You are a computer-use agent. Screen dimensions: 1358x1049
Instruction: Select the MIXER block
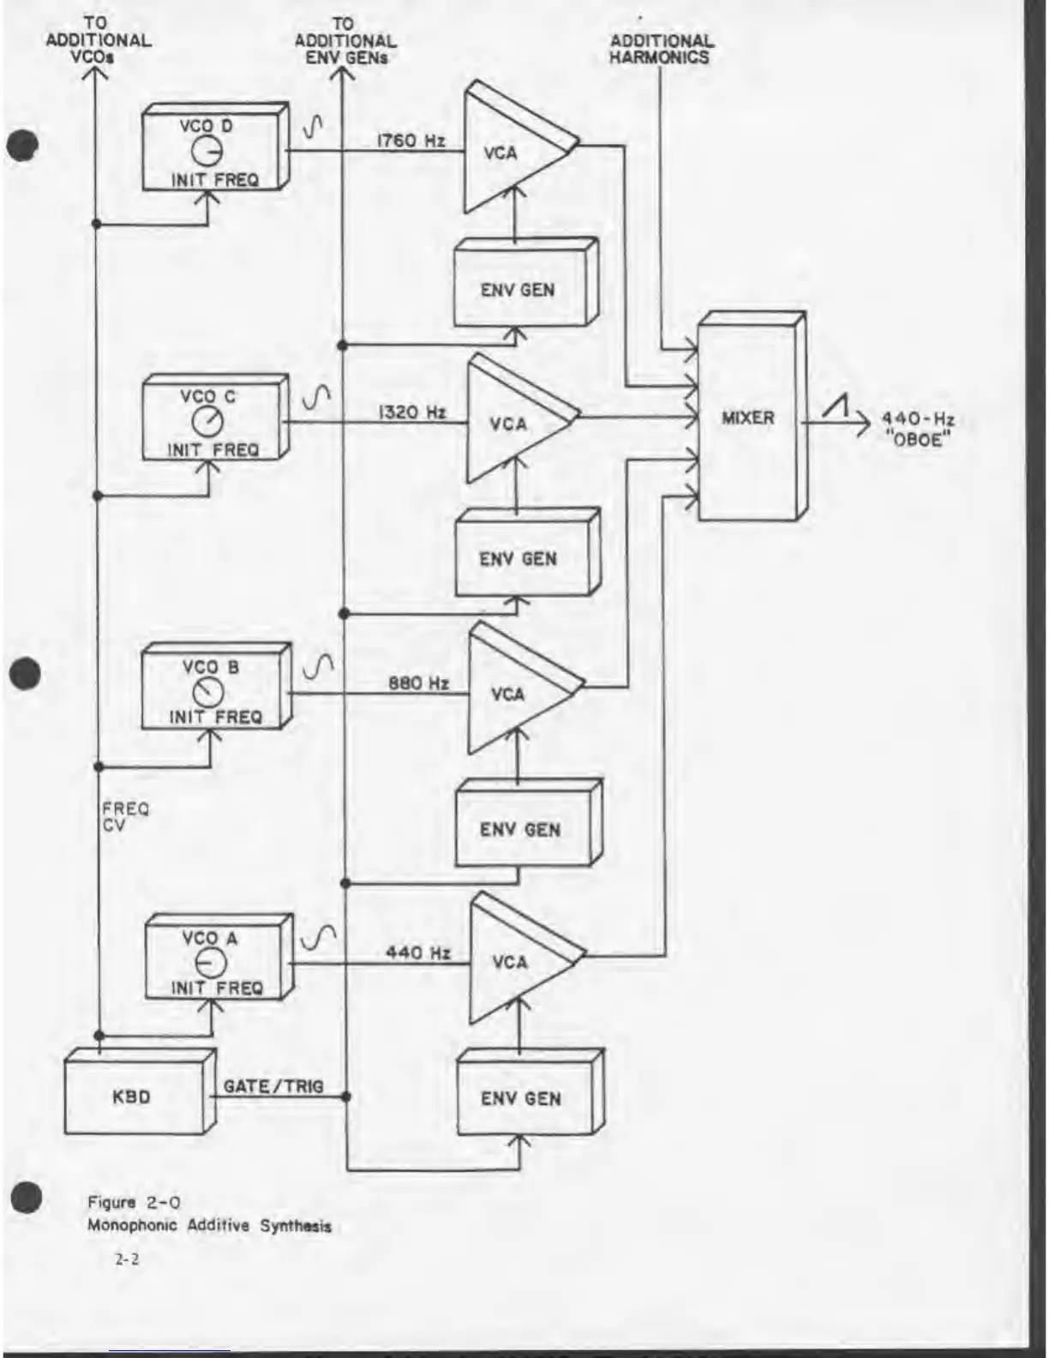point(748,418)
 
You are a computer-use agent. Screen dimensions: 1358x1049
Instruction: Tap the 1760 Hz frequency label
point(411,141)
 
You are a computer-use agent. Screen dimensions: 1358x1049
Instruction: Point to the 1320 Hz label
point(412,412)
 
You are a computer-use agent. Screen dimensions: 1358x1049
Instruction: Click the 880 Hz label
point(418,683)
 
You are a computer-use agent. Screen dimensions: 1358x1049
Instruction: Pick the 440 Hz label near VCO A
point(417,952)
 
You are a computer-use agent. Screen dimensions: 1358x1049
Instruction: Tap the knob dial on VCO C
point(207,422)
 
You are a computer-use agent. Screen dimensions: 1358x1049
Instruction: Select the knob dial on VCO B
point(207,692)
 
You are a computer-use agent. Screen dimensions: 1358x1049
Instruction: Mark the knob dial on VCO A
point(211,963)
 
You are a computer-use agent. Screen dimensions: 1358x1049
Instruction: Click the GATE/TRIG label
point(273,1086)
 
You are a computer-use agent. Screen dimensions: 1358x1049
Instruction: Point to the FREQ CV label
point(125,816)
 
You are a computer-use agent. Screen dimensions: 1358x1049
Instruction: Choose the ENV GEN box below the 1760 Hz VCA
point(519,290)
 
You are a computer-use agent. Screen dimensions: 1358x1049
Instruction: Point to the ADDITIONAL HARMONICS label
point(661,49)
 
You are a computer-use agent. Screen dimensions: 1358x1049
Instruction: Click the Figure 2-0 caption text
point(135,1202)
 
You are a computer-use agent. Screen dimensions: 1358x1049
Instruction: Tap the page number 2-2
point(127,1259)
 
